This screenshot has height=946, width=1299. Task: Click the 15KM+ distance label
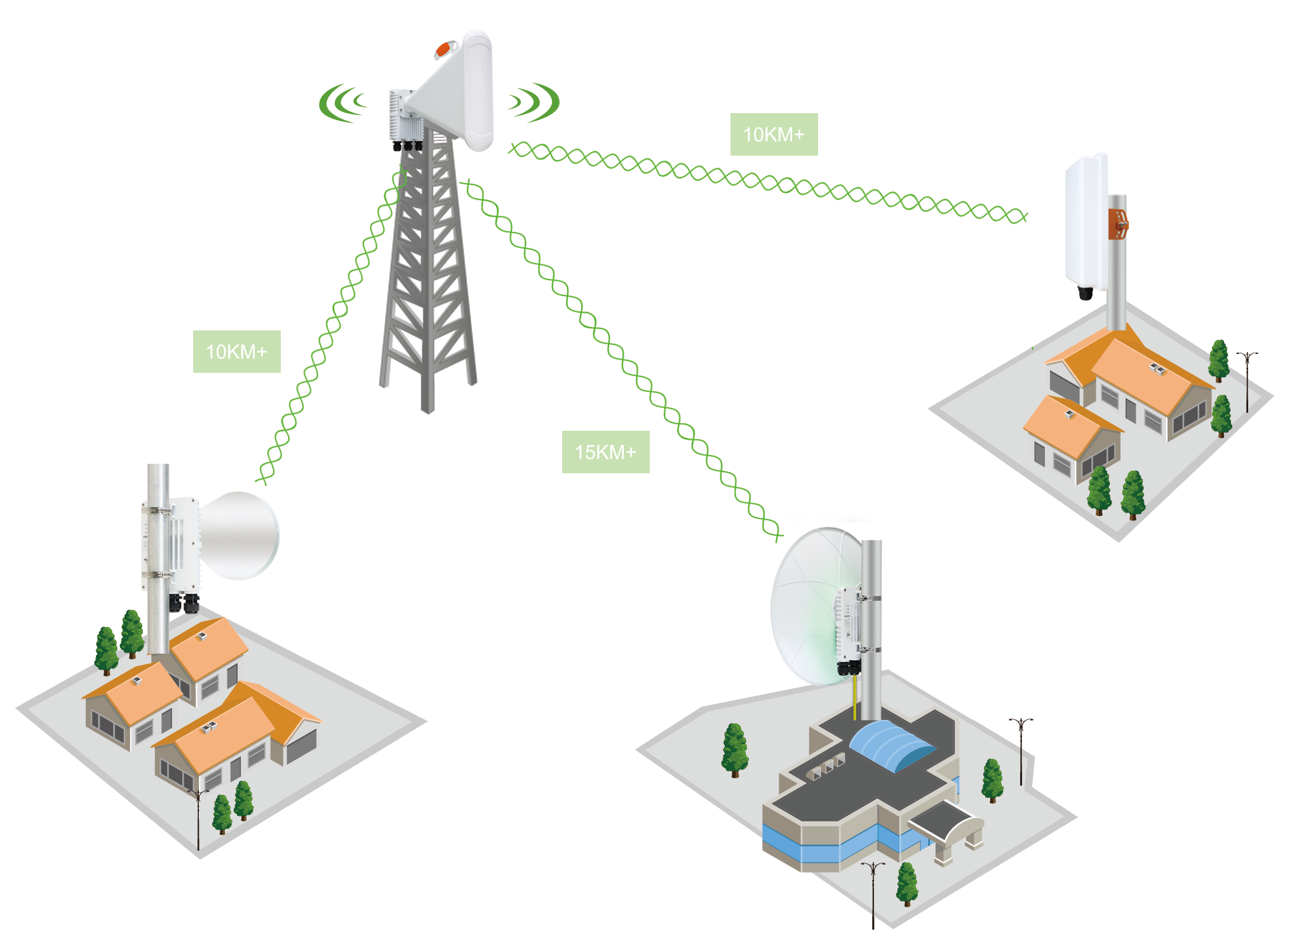pos(605,452)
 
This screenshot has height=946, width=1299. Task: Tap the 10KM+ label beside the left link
pos(236,351)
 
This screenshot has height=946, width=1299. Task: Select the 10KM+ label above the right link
pos(774,134)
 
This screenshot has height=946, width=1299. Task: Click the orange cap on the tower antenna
pos(446,48)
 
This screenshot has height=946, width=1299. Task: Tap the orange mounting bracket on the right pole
pos(1118,224)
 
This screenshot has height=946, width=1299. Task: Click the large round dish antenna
pos(810,607)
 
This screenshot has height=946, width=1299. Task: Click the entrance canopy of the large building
pos(946,826)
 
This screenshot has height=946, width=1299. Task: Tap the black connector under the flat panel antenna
pos(1086,293)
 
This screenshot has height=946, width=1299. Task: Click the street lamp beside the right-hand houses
pos(1247,382)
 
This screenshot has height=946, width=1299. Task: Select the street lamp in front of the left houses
pos(199,820)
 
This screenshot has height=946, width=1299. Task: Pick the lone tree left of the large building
pos(735,750)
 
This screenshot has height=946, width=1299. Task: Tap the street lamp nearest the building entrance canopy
pos(873,895)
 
